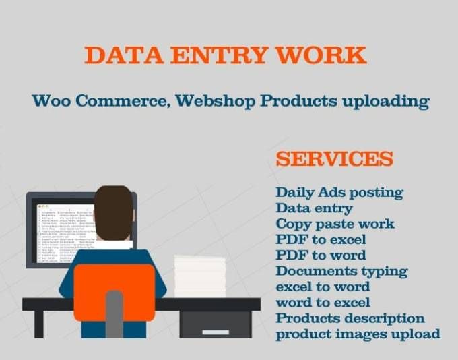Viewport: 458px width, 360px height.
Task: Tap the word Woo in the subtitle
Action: tap(53, 101)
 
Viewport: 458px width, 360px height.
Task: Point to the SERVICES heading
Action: tap(335, 159)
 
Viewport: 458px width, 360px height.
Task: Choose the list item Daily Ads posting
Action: tap(339, 193)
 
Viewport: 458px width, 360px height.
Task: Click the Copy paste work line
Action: tap(335, 224)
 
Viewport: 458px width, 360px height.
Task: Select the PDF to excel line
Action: tap(321, 239)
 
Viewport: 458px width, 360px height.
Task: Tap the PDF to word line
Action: tap(321, 255)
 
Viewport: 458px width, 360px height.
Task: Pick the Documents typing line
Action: tap(341, 271)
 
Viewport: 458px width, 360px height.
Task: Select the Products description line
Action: tap(350, 318)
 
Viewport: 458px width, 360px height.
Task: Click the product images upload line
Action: tap(358, 334)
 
